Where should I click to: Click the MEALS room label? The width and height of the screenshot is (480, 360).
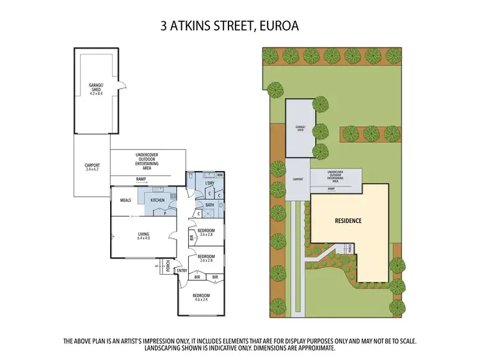[125, 200]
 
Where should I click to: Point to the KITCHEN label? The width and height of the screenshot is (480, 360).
[157, 200]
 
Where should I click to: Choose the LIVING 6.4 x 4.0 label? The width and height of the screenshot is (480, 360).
[143, 236]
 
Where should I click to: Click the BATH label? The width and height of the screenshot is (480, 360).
[210, 205]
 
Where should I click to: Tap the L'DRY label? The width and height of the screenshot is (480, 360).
[209, 184]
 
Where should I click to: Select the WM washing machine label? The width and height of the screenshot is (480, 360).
[220, 175]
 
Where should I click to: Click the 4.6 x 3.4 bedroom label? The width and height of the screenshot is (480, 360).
[202, 297]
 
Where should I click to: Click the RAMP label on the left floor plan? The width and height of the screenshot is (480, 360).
[141, 179]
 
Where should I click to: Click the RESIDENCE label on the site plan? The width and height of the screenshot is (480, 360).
[348, 220]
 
